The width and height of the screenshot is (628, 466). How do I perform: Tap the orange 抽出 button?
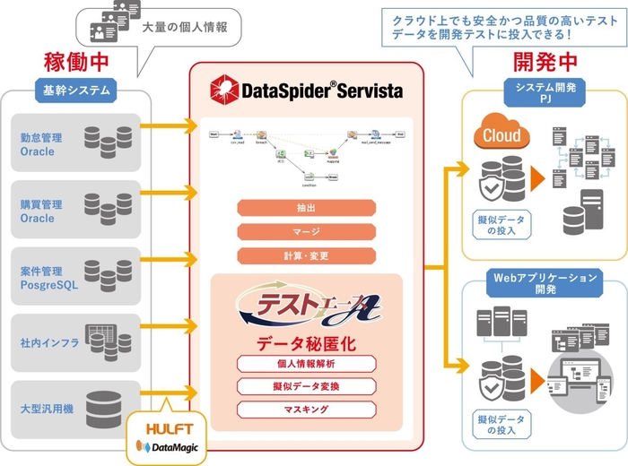[306, 208]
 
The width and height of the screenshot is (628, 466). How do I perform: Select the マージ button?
[306, 232]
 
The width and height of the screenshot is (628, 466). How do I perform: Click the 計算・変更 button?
[306, 255]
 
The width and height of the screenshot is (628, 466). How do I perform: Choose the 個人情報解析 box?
[306, 364]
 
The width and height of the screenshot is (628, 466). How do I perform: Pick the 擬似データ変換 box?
[306, 386]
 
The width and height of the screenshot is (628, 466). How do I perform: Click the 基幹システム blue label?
[77, 90]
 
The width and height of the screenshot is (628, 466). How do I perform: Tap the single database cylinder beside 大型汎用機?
[105, 408]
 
